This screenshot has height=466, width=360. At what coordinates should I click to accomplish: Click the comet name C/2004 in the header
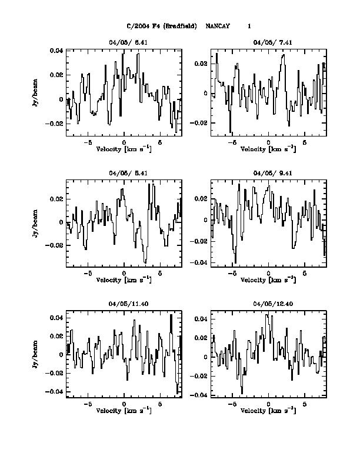click(x=137, y=26)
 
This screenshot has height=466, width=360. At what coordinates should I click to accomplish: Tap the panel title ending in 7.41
click(x=268, y=42)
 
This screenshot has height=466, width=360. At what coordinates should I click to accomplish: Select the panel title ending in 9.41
click(x=268, y=173)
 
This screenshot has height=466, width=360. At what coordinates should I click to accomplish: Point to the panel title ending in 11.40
click(x=124, y=304)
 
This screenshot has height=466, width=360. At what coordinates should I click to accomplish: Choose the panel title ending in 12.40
click(x=268, y=304)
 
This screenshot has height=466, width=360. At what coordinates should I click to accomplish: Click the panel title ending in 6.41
click(x=124, y=42)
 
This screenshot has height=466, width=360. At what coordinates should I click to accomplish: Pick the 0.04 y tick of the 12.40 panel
click(x=201, y=319)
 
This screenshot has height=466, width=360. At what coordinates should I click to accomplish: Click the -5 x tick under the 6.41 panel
click(x=88, y=142)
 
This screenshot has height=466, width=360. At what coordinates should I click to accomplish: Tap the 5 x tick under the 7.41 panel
click(x=305, y=142)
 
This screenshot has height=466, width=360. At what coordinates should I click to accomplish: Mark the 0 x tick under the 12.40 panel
click(x=268, y=404)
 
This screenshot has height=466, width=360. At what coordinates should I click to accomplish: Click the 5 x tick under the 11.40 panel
click(x=160, y=404)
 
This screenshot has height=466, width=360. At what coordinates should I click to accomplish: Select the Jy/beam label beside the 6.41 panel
click(x=37, y=93)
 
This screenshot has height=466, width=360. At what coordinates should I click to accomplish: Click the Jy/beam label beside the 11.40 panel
click(x=37, y=354)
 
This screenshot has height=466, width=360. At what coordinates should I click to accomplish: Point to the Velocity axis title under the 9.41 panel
click(x=268, y=279)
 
